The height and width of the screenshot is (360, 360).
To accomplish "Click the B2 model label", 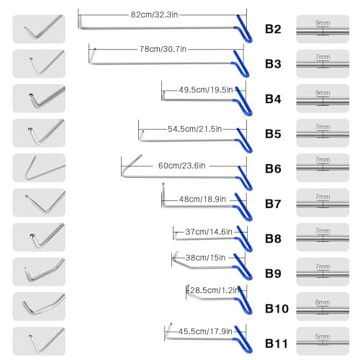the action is click(x=273, y=29).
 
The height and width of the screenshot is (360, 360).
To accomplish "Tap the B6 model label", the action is click(x=273, y=168).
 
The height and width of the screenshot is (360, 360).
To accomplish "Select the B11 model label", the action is click(x=276, y=343).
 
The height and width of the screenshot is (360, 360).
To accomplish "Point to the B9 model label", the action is click(x=273, y=274).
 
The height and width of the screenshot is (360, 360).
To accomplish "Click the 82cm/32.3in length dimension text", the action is click(x=154, y=14).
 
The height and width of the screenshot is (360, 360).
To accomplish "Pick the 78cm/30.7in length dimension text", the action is click(x=163, y=49).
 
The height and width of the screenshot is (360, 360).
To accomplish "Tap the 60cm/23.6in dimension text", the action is click(x=181, y=166).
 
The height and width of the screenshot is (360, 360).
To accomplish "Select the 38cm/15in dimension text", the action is click(x=205, y=258).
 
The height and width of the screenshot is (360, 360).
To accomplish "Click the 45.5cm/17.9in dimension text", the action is click(x=205, y=331).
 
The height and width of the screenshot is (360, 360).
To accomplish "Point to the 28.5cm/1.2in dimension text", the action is click(x=215, y=290).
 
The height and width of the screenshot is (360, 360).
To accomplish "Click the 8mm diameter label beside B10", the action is click(x=323, y=302).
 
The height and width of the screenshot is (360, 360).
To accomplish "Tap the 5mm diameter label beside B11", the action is click(x=323, y=336).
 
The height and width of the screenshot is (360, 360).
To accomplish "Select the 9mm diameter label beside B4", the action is click(x=323, y=93).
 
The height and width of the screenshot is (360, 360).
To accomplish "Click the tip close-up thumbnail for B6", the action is click(x=39, y=168).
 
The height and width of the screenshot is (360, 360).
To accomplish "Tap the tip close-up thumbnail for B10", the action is click(x=39, y=306).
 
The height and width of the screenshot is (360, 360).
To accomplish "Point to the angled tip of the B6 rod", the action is click(x=132, y=166).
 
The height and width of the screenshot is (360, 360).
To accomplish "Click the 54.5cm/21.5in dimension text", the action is click(x=194, y=129).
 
